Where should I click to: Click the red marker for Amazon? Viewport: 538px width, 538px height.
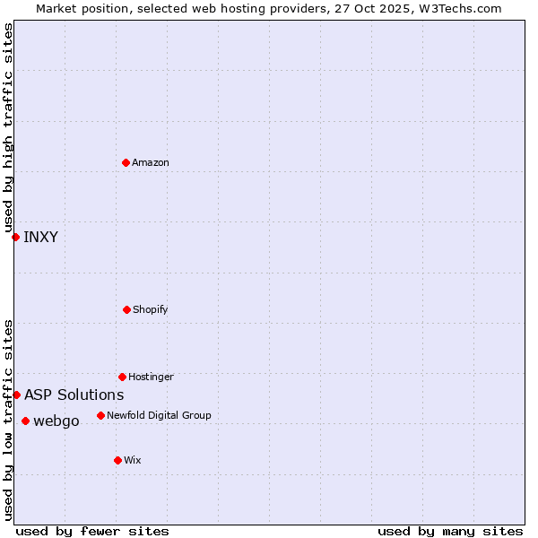coord(126,162)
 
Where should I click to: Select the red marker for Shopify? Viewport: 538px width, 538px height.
coord(126,309)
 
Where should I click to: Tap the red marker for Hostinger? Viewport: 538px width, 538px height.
coord(122,377)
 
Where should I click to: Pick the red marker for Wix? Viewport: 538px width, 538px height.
coord(117,460)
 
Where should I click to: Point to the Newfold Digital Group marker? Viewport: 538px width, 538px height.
coord(100,415)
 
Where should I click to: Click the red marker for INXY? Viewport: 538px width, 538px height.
coord(15,237)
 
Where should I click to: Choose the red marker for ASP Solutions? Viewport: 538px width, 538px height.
coord(16,395)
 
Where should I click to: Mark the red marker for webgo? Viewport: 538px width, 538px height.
coord(25,421)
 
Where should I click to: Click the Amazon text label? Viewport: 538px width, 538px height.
coord(151,162)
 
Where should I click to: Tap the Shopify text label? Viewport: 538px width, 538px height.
coord(151,309)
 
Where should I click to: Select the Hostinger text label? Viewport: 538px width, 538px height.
coord(151,377)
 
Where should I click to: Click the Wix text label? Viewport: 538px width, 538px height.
coord(133,460)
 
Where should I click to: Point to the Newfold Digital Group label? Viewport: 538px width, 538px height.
coord(159,415)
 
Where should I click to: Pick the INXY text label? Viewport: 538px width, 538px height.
coord(40,237)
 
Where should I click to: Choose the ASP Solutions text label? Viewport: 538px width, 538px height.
coord(74,395)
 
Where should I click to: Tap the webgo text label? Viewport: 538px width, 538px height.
coord(56,421)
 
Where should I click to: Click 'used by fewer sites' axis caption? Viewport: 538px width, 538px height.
coord(92,531)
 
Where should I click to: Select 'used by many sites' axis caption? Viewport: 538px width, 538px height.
coord(450,531)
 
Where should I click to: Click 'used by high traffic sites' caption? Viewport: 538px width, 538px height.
coord(8,127)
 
